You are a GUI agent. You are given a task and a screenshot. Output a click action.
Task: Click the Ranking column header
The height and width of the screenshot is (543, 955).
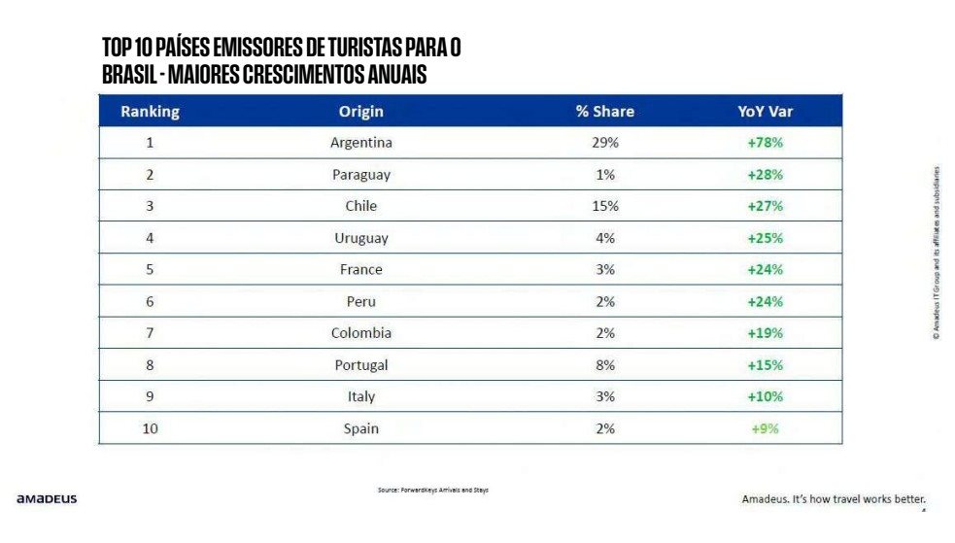150,112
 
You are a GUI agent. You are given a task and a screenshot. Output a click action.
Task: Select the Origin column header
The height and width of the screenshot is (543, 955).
360,112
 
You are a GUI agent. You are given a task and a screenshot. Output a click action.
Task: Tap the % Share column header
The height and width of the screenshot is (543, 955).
604,112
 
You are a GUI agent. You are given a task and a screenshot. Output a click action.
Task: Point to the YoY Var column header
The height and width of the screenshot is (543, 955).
765,112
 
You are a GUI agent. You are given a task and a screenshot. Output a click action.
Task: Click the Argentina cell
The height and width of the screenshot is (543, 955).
360,143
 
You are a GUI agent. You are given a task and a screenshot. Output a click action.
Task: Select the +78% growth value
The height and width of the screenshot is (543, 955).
765,143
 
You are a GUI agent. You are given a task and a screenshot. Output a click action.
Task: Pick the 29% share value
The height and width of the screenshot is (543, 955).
604,143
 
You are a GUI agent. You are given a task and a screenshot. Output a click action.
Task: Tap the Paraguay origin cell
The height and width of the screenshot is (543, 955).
360,175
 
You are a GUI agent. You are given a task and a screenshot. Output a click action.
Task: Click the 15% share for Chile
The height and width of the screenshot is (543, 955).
604,206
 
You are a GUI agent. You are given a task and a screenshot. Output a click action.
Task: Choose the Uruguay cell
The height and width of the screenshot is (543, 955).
360,238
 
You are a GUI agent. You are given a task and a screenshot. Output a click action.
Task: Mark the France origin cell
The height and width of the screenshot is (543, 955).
360,270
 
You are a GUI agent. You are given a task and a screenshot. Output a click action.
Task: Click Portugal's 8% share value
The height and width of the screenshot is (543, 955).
604,365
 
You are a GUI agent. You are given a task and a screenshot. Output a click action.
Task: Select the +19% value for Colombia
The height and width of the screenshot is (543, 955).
765,333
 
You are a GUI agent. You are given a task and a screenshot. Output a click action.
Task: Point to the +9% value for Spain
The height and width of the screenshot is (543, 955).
765,428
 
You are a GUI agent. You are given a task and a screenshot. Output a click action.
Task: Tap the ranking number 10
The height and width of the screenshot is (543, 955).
150,428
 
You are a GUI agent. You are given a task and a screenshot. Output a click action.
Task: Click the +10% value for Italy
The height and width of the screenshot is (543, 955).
765,396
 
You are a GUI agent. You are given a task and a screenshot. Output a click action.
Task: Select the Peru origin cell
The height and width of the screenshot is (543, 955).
360,301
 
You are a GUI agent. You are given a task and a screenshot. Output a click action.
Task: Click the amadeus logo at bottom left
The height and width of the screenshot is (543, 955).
47,499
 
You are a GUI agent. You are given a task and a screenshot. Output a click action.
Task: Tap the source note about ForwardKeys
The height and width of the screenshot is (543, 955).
433,491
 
